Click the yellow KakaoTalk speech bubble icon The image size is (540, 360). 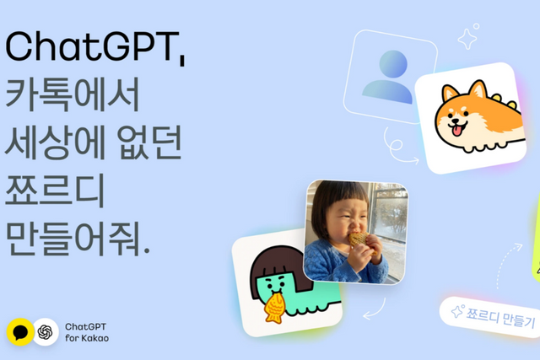[19, 331]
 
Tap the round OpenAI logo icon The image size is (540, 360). [46, 331]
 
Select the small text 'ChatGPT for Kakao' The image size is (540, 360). [87, 331]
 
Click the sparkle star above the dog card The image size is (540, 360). [467, 37]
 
